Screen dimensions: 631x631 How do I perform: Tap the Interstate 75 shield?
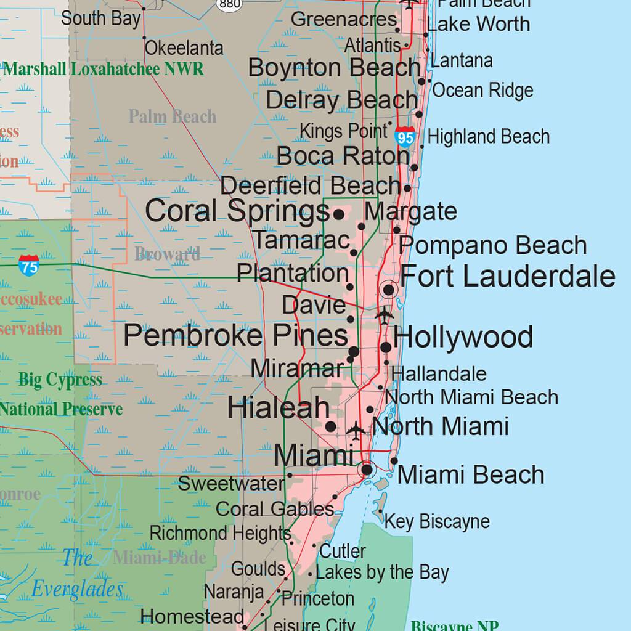28,265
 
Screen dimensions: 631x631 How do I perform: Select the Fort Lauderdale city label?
507,276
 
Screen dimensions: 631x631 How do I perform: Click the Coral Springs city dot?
338,214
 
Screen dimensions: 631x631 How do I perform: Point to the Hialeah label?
278,408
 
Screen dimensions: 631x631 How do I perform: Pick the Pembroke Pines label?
235,336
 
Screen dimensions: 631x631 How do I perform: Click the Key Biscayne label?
437,521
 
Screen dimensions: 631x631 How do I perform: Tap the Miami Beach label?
471,475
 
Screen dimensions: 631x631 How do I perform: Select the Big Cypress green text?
60,380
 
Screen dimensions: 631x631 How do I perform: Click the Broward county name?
167,254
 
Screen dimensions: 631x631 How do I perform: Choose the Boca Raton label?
343,156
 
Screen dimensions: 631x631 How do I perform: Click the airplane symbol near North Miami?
356,429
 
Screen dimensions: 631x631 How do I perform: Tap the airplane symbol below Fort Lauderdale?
385,315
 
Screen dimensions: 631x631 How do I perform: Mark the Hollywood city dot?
386,348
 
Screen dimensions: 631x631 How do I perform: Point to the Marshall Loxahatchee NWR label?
103,68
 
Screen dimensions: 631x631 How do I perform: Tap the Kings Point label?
343,131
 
